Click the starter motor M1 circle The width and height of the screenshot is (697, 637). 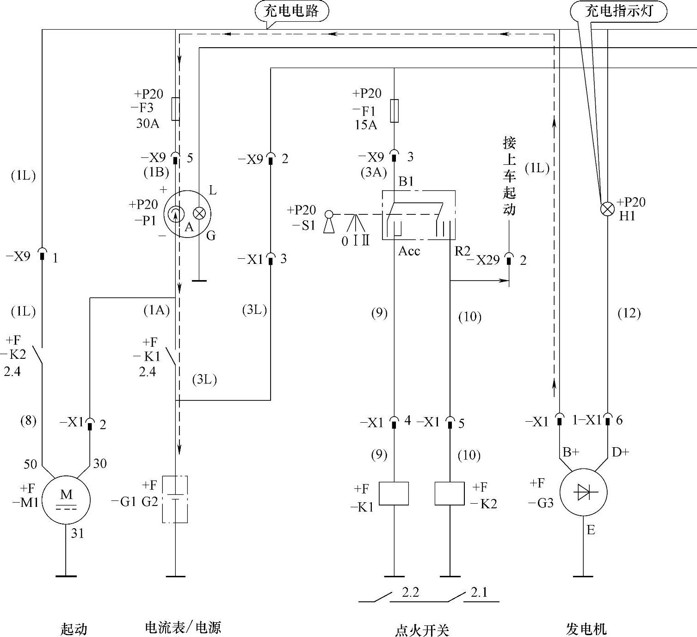tap(66, 500)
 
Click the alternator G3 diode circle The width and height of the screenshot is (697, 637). tap(583, 493)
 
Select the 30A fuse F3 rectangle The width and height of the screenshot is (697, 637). tap(176, 109)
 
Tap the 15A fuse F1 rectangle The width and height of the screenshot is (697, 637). tap(394, 111)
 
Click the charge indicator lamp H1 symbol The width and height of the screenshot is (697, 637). tap(606, 209)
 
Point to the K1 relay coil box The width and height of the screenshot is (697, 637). tap(394, 493)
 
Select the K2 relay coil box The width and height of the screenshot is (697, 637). tap(450, 493)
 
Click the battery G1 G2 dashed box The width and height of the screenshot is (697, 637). tap(175, 499)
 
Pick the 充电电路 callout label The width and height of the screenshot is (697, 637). tap(291, 11)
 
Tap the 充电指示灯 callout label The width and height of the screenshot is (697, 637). tap(619, 11)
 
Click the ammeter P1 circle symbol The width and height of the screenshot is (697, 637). tap(187, 214)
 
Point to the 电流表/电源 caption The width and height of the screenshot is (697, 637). tap(183, 628)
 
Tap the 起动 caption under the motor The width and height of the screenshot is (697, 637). tap(74, 629)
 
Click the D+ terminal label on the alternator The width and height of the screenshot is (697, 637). tap(620, 452)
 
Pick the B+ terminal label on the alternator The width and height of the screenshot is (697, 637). tap(571, 452)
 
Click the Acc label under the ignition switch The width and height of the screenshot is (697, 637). tap(409, 251)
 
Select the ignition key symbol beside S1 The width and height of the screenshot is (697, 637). tap(329, 222)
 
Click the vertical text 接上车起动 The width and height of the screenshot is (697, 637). tap(509, 176)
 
